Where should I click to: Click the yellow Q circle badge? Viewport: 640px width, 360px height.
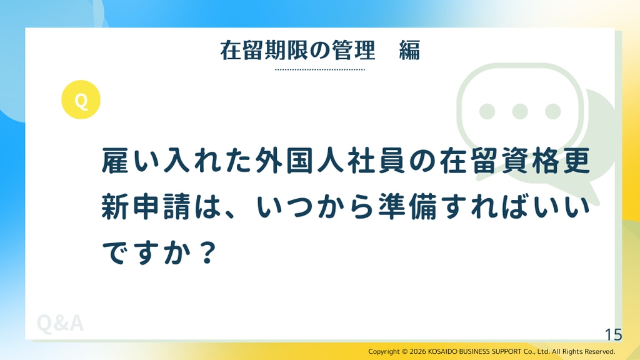(x=81, y=99)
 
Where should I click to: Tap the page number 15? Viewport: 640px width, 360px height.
(x=614, y=335)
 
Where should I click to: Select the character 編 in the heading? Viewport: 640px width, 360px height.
(x=409, y=51)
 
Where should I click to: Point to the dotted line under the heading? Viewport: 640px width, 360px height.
(x=320, y=69)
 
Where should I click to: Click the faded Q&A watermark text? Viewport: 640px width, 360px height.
(x=60, y=323)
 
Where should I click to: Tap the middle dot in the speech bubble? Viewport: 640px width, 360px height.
(x=519, y=111)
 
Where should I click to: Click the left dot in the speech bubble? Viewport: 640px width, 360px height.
(x=487, y=111)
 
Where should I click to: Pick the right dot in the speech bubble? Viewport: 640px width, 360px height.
(x=552, y=111)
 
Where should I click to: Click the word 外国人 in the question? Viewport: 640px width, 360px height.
(x=300, y=161)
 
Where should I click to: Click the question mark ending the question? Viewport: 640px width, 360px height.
(x=209, y=252)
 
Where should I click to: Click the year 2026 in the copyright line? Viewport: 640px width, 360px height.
(x=417, y=351)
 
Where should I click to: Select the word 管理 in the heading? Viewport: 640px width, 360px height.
(x=353, y=51)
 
